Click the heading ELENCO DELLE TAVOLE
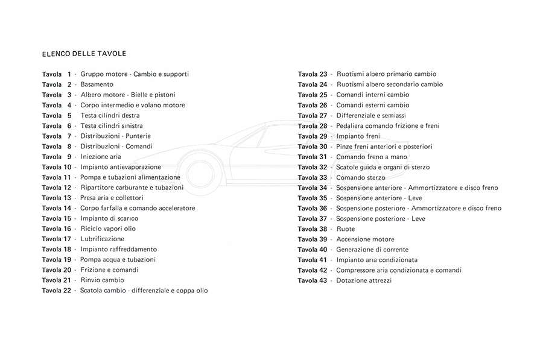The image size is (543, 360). [84, 54]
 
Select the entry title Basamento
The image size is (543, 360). [97, 84]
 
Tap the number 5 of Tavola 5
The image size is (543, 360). [69, 115]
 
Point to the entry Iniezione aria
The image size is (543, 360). [101, 157]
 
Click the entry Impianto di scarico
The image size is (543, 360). [109, 218]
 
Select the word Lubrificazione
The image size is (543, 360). [102, 239]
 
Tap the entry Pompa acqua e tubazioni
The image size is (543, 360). [118, 259]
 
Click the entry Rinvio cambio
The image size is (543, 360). [102, 280]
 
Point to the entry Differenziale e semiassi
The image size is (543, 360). [371, 115]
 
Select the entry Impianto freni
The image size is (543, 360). [358, 136]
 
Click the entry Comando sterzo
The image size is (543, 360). [361, 177]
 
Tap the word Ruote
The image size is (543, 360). [346, 229]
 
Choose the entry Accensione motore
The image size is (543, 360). [365, 239]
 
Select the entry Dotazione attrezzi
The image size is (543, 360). [364, 280]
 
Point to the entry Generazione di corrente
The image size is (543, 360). [372, 250]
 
